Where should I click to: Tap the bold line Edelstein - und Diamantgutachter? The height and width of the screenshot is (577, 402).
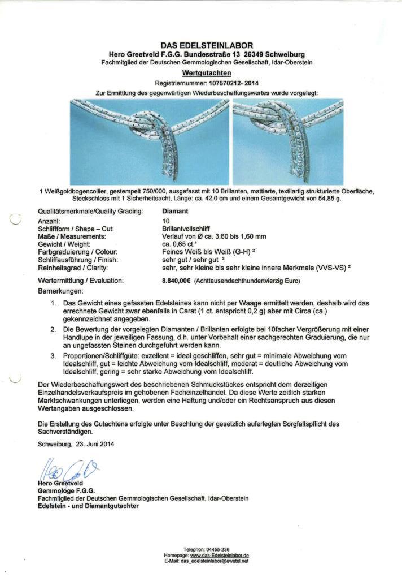click(x=88, y=506)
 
